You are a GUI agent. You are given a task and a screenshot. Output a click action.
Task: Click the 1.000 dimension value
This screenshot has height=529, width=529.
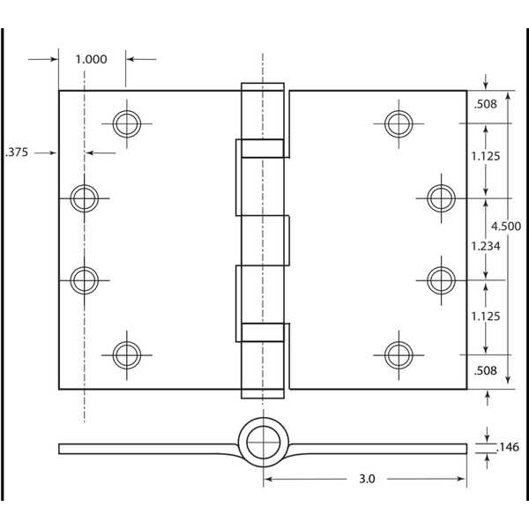[91, 59]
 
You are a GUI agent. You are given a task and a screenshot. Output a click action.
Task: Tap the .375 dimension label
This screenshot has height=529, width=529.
[17, 152]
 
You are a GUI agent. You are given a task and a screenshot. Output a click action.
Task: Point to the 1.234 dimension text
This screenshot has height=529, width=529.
[485, 246]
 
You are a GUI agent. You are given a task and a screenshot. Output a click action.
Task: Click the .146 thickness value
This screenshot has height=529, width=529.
[508, 447]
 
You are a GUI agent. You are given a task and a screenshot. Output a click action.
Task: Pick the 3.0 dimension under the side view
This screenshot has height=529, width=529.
[367, 479]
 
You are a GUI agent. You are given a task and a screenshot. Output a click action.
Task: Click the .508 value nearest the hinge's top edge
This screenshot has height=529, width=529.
[485, 104]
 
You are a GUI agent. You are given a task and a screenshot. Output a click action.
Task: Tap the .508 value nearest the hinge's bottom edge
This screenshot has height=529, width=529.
[485, 370]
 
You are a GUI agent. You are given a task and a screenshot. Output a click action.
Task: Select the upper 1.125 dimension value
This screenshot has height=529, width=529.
[485, 156]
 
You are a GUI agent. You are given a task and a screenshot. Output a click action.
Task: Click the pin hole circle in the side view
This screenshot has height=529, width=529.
[262, 439]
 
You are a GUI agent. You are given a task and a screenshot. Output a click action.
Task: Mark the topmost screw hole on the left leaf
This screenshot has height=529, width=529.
[126, 123]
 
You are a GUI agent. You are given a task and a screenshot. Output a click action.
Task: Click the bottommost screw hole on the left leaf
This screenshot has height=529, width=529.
[126, 354]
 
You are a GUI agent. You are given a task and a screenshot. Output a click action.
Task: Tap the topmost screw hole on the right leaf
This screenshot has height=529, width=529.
[399, 123]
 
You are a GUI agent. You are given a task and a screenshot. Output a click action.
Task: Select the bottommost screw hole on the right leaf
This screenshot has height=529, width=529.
[399, 354]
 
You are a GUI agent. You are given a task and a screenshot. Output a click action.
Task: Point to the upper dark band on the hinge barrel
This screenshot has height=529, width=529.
[263, 148]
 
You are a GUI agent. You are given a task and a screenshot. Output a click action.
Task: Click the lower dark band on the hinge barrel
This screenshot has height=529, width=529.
[263, 332]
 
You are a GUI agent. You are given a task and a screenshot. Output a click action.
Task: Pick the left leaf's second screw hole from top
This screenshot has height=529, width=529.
[85, 197]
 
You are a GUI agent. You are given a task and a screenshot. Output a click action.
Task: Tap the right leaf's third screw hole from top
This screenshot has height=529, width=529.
[441, 279]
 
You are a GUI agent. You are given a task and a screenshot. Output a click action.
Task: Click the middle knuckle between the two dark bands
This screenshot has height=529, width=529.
[263, 240]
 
